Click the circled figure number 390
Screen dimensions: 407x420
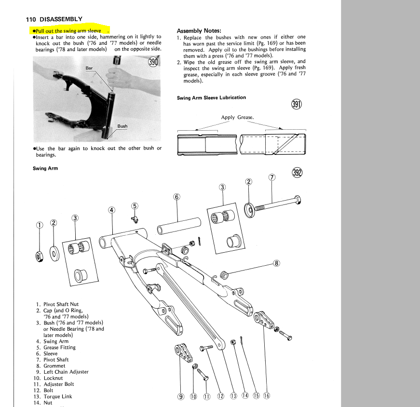click(x=154, y=62)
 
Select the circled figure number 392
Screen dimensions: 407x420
click(x=297, y=173)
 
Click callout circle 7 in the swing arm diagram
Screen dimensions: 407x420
click(x=272, y=177)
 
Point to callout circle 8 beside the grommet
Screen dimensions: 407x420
click(x=276, y=263)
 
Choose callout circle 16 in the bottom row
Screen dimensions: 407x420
click(x=266, y=396)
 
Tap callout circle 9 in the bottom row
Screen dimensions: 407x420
click(x=181, y=396)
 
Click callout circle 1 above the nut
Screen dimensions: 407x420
click(x=40, y=225)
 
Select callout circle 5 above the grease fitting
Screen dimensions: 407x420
click(x=135, y=206)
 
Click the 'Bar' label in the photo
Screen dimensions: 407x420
click(x=89, y=68)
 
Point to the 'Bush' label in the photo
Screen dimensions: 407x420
click(x=122, y=126)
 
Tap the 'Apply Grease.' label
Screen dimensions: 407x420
click(x=237, y=117)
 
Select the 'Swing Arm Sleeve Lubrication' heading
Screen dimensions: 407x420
click(x=211, y=97)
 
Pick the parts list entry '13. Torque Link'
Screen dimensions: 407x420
click(x=54, y=396)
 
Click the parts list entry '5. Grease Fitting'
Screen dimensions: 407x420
click(x=55, y=347)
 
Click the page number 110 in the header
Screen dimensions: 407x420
click(x=31, y=19)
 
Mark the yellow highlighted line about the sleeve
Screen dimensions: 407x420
click(x=68, y=30)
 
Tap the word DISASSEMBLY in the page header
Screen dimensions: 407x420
click(x=61, y=19)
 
